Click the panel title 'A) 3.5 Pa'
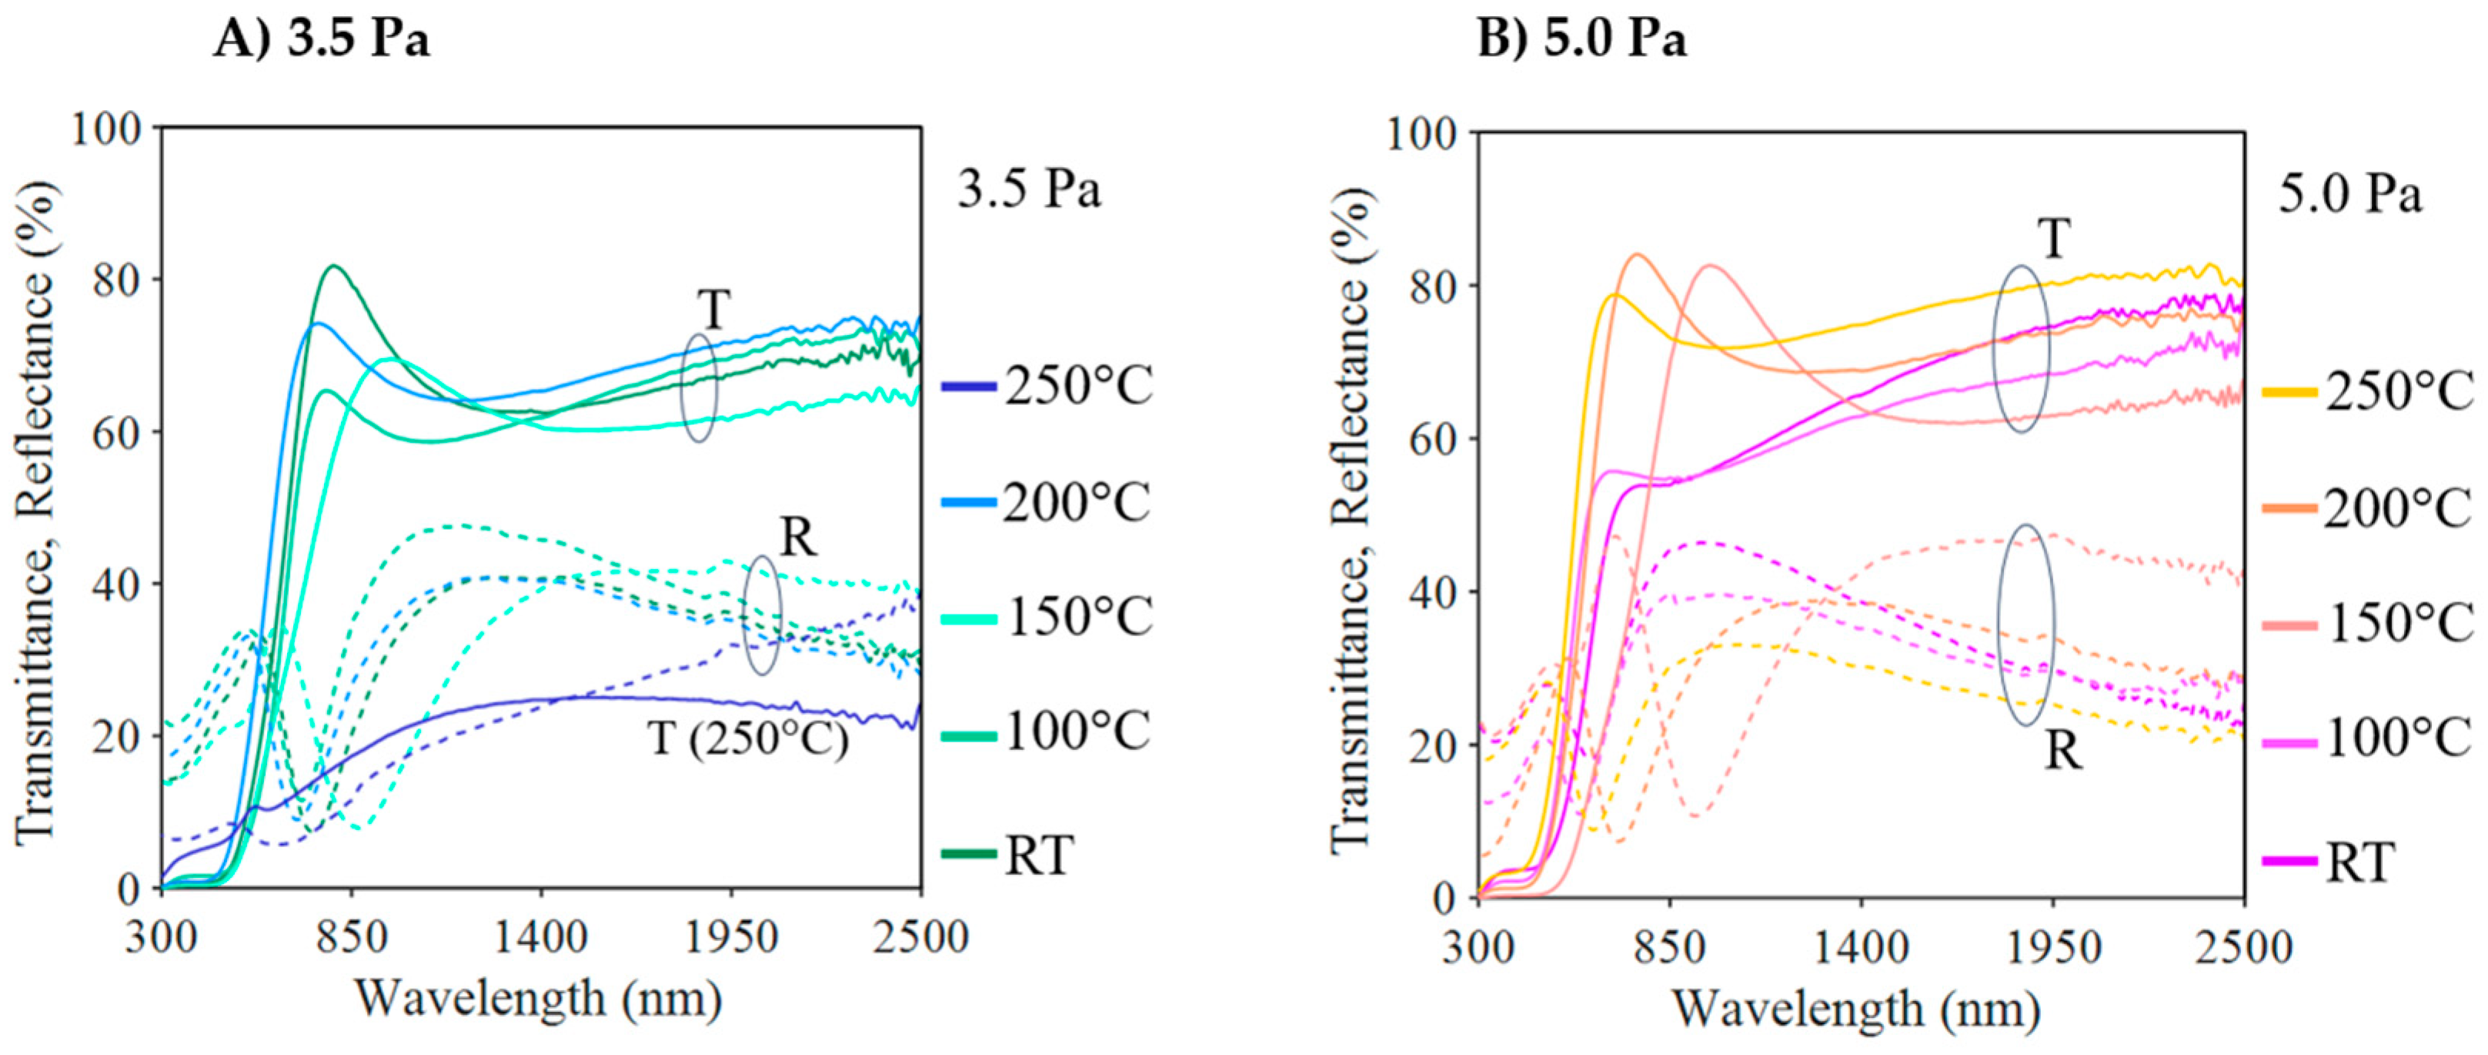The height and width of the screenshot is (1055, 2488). [321, 41]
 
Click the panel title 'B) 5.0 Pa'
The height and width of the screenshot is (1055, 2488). [1581, 41]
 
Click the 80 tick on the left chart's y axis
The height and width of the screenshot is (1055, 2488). [116, 280]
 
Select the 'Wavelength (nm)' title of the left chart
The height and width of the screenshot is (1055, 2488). [539, 1000]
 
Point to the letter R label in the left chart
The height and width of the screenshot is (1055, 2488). [798, 538]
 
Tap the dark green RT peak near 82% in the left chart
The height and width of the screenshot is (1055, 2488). [336, 266]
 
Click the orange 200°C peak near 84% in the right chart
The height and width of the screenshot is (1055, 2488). [1636, 255]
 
